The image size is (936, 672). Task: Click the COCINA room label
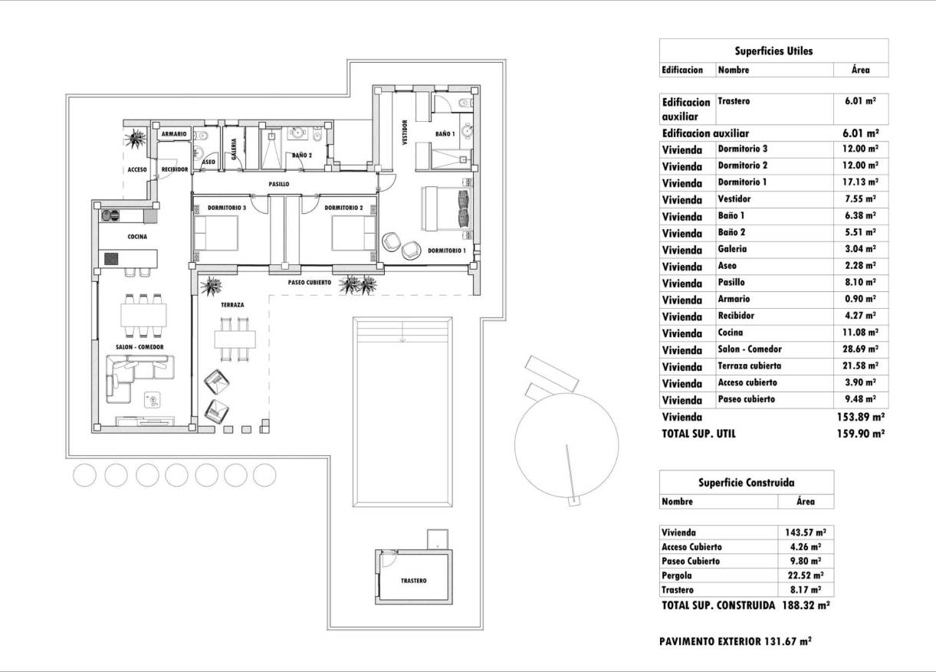click(137, 237)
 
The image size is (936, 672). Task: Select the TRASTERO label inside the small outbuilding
click(414, 581)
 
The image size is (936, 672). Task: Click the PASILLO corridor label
click(278, 185)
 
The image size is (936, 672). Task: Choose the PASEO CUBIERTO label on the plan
click(309, 282)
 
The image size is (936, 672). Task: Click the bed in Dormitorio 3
click(216, 233)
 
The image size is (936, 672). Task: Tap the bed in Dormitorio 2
click(353, 233)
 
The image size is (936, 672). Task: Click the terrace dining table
click(233, 338)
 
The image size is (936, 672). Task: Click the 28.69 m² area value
click(860, 349)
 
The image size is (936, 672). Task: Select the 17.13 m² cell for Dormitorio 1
click(860, 182)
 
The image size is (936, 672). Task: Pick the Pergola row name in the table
click(675, 575)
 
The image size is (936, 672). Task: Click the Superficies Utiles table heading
click(773, 51)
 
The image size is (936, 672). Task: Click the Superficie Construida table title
click(746, 483)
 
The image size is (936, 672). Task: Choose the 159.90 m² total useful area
click(859, 433)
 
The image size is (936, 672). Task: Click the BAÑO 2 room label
click(302, 156)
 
